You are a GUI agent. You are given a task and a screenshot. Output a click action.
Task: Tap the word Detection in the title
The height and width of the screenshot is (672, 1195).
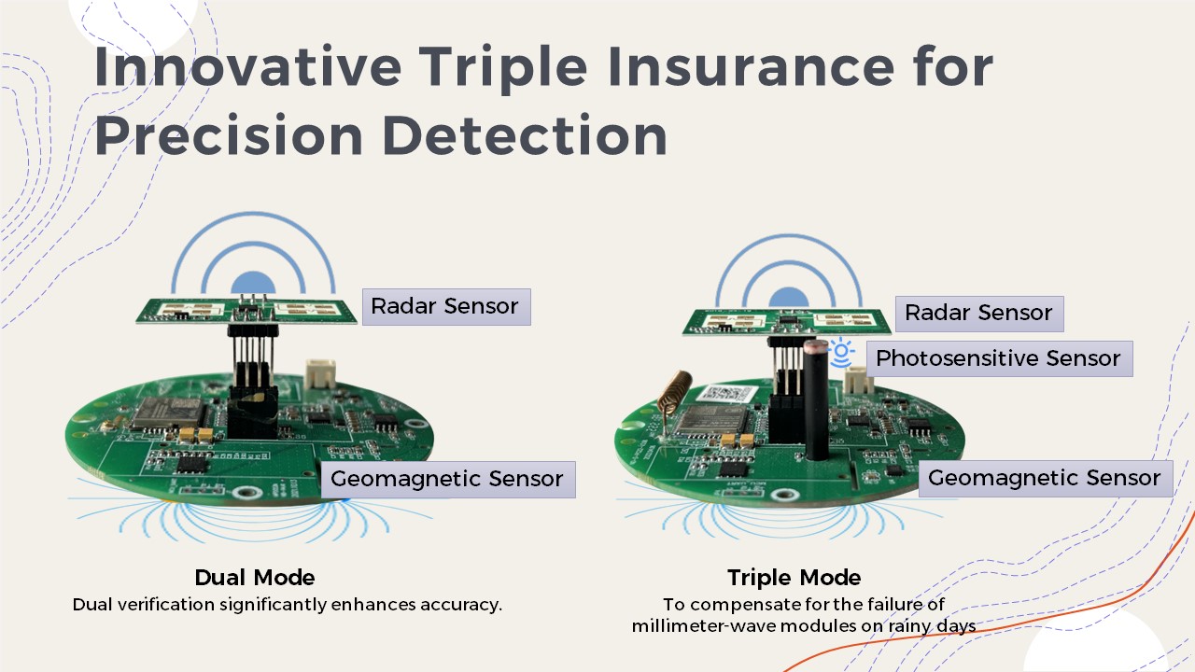click(525, 134)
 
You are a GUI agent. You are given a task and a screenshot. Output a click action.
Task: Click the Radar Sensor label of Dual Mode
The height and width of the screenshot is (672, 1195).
click(446, 307)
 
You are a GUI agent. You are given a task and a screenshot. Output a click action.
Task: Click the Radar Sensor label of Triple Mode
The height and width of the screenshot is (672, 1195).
click(979, 314)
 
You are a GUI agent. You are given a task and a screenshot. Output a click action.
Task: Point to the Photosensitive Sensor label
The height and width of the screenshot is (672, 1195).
click(999, 358)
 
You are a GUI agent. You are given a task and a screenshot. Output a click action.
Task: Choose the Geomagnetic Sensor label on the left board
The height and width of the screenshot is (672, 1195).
click(448, 479)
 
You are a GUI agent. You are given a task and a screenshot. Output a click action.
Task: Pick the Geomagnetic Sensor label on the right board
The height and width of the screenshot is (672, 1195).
click(1046, 479)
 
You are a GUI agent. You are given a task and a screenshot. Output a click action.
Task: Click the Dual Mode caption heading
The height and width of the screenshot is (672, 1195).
click(255, 578)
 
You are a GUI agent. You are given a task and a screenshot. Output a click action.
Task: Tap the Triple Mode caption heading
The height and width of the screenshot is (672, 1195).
click(794, 578)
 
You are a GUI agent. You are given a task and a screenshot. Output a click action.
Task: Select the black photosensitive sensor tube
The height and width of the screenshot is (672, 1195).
click(816, 400)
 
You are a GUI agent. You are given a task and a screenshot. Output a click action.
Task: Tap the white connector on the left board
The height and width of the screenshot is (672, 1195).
click(320, 374)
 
